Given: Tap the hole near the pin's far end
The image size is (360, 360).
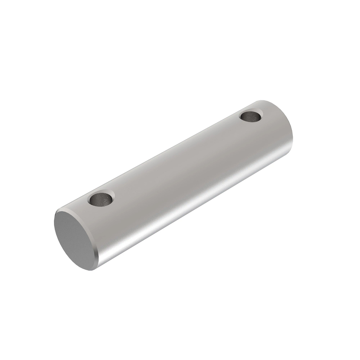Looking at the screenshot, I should pyautogui.click(x=251, y=116).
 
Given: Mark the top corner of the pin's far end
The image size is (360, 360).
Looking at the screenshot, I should pyautogui.click(x=264, y=100).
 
